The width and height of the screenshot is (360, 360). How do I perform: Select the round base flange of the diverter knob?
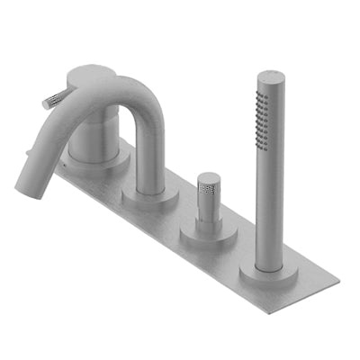tap(209, 237)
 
